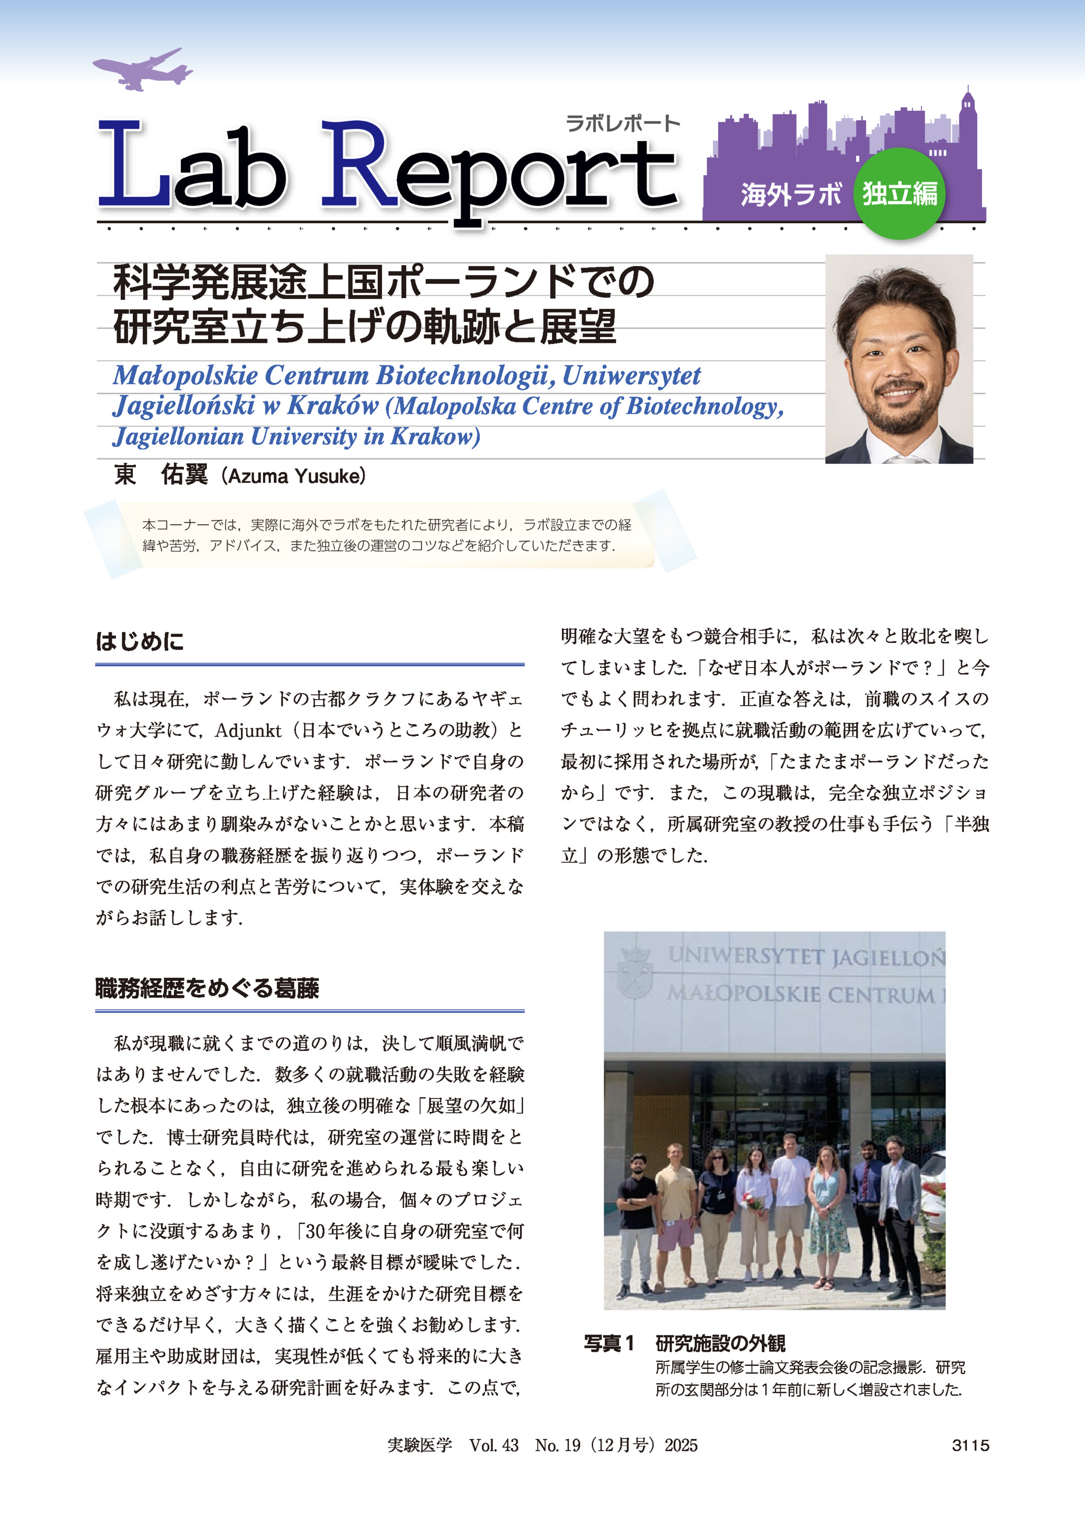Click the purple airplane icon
pos(142,70)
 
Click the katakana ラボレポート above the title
pos(622,123)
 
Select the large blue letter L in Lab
pos(130,165)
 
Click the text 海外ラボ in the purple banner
pos(790,195)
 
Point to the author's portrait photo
pos(898,359)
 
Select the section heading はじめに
pos(140,641)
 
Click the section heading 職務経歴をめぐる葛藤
pos(207,987)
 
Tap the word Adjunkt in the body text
pos(248,731)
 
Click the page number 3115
pos(970,1445)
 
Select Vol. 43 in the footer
pos(494,1445)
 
